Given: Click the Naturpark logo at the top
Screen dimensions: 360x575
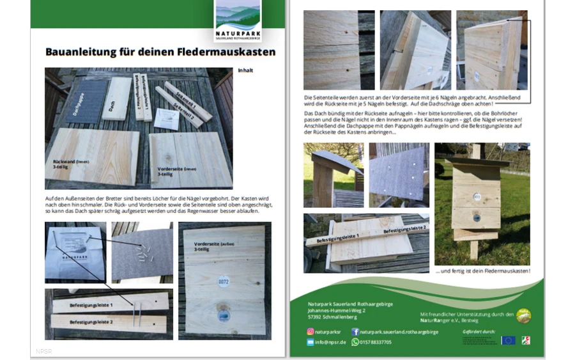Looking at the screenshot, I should tap(238, 22).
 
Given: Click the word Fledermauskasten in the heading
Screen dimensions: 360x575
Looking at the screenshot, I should tap(231, 51).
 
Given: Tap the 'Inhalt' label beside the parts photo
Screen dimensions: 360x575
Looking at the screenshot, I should tap(245, 70).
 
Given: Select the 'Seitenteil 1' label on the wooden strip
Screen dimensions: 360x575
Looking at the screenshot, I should tap(186, 96).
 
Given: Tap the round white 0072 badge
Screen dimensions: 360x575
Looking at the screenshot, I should tap(224, 281).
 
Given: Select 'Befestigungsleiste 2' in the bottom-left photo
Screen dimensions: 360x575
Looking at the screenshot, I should tap(91, 322).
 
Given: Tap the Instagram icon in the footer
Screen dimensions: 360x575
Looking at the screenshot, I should tap(312, 331).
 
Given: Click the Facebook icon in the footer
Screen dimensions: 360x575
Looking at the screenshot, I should tap(355, 331).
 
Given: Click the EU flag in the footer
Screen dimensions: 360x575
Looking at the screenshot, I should tap(508, 340).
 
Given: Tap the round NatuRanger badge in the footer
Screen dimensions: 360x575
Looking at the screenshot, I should tap(523, 315).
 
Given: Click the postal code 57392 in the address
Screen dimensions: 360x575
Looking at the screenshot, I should tap(315, 317).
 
